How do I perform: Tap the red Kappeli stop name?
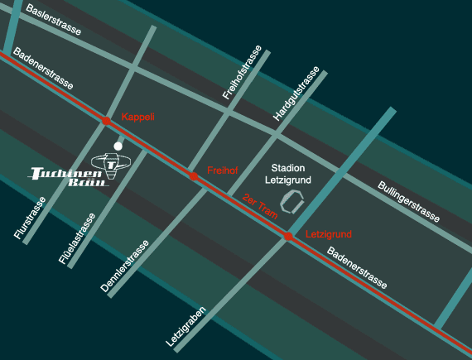click(x=138, y=117)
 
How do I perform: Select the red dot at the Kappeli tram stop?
click(x=106, y=122)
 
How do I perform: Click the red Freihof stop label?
click(x=223, y=170)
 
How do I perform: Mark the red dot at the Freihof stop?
click(x=193, y=176)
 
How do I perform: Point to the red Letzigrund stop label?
click(x=329, y=234)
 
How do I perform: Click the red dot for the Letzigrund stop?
click(x=288, y=237)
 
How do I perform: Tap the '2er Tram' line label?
click(x=261, y=206)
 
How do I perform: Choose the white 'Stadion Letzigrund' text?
click(x=284, y=173)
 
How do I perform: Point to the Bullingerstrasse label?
click(x=409, y=201)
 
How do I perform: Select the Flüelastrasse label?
click(x=77, y=238)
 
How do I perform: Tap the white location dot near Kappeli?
click(x=118, y=146)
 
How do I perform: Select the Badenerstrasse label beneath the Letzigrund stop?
click(x=356, y=267)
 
